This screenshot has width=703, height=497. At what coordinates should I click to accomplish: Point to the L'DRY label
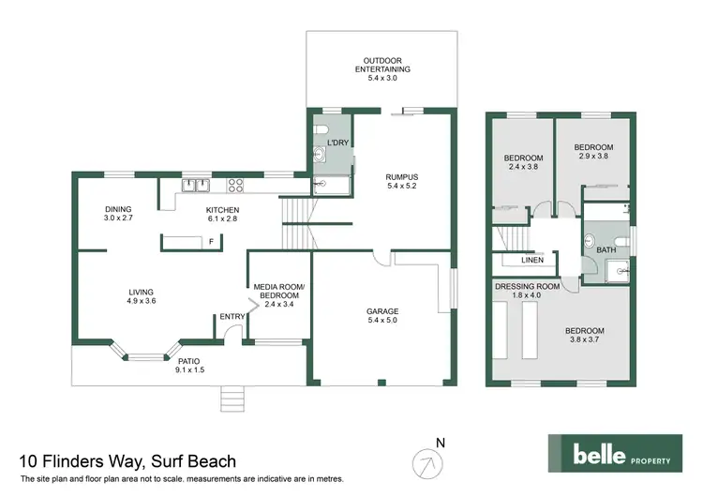(x=337, y=143)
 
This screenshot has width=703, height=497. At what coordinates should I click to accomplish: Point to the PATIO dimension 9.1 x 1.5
(x=188, y=370)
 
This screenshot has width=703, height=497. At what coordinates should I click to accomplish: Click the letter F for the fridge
(x=212, y=242)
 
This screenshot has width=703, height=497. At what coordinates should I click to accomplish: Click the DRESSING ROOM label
(x=527, y=285)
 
